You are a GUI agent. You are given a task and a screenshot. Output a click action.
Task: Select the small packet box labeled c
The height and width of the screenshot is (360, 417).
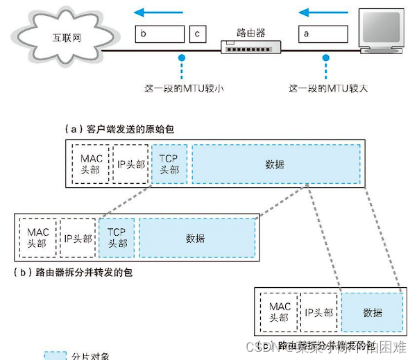198,33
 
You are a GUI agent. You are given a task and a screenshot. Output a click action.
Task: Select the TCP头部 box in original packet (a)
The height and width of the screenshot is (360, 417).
169,164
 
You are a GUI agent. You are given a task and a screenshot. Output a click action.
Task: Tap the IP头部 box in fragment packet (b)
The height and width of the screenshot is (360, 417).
78,238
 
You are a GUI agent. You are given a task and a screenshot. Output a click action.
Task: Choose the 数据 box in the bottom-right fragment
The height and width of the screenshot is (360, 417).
372,312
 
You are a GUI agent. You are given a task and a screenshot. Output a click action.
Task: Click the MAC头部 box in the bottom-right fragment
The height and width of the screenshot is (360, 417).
280,312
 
